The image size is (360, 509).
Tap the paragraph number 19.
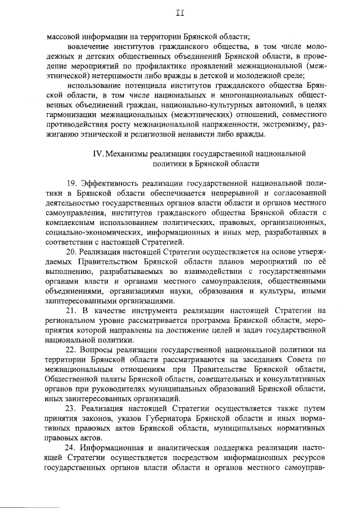click(x=71, y=184)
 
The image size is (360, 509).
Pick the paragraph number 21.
click(x=71, y=310)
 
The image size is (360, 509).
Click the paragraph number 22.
click(x=71, y=350)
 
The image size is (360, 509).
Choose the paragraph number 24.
click(x=71, y=448)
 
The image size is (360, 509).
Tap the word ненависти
click(x=199, y=134)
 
